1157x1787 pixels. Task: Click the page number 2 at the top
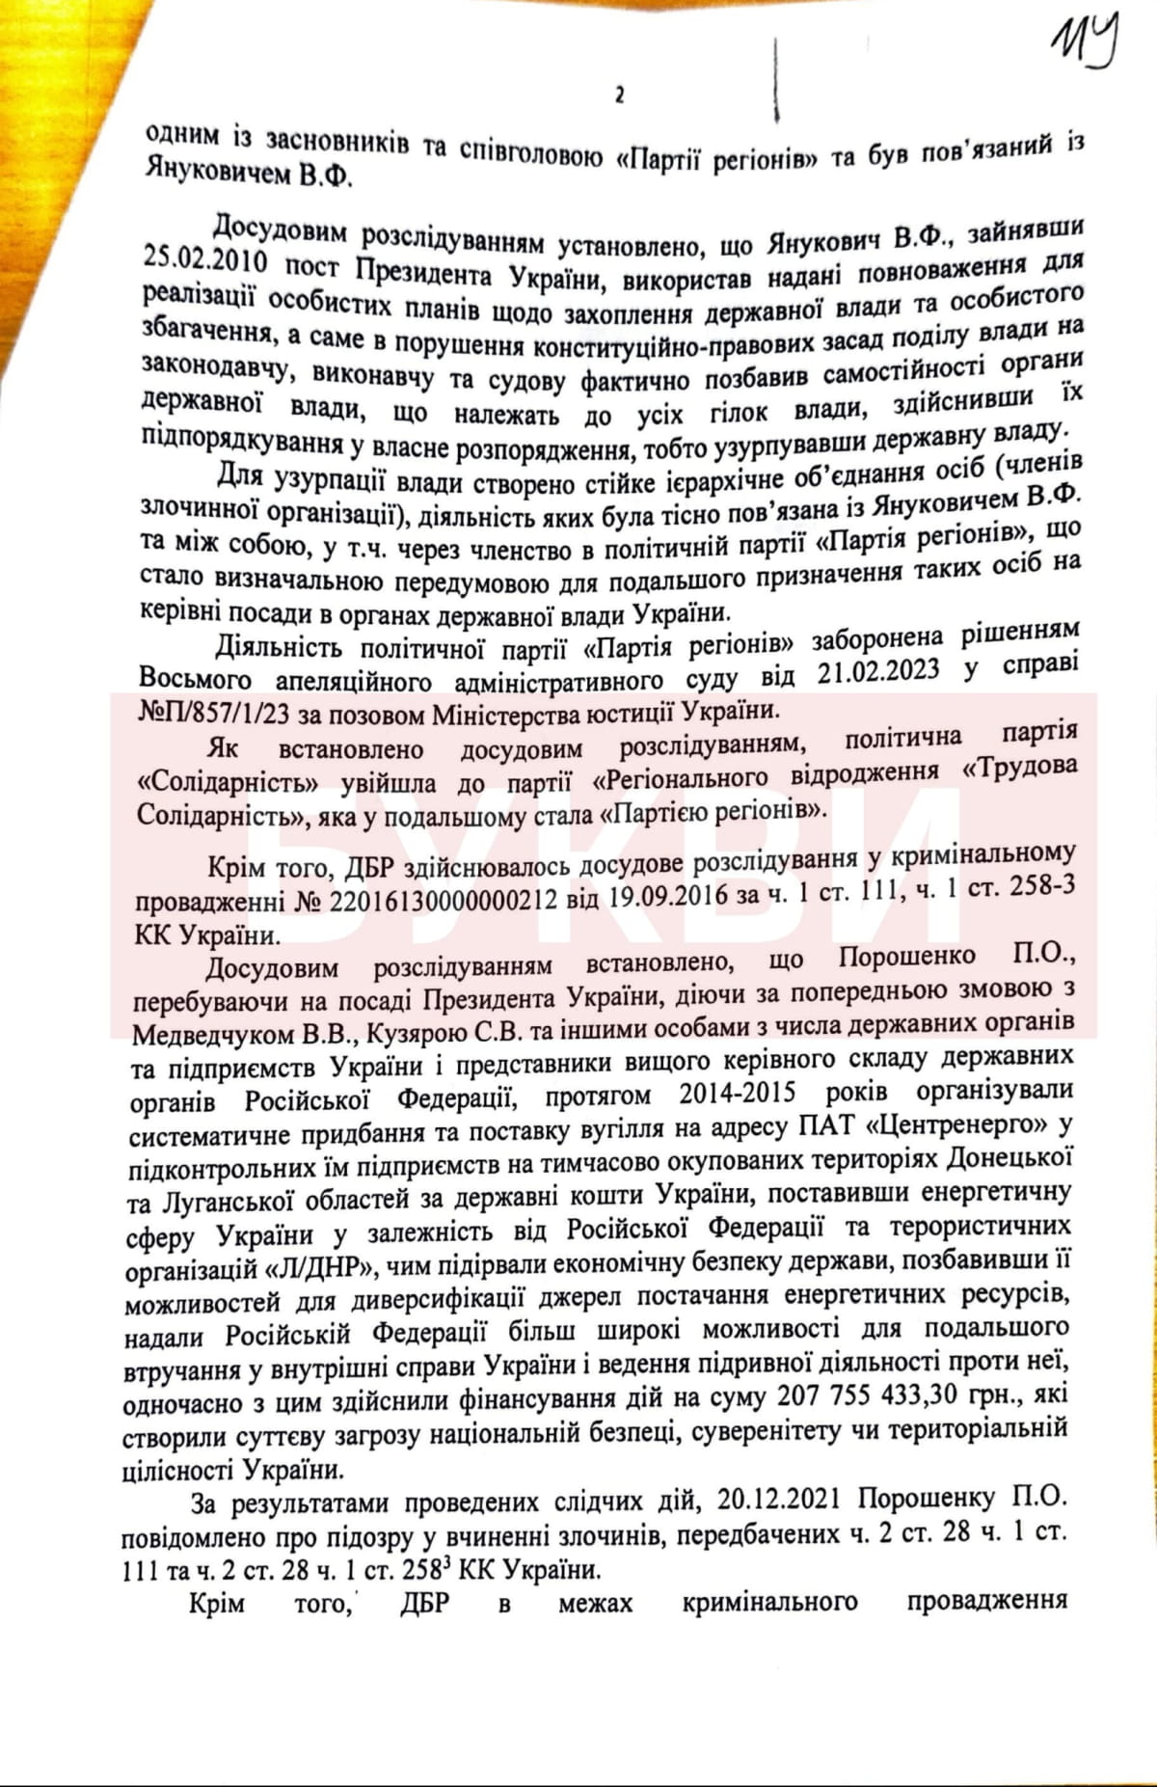pyautogui.click(x=619, y=95)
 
